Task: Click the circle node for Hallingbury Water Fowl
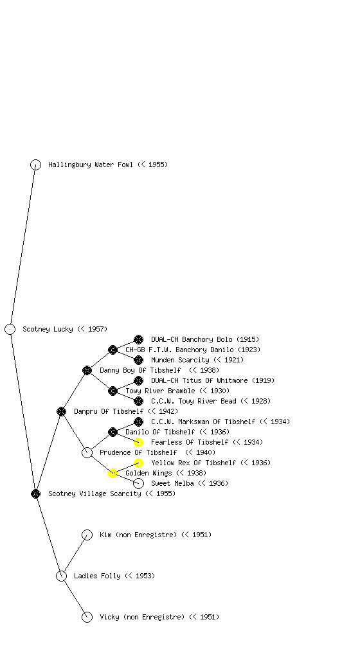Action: point(35,164)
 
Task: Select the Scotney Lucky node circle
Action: point(10,329)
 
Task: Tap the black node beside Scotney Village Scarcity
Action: point(35,493)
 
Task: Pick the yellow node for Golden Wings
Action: point(113,473)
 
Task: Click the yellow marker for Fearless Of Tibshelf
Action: point(138,442)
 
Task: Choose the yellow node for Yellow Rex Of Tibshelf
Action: point(138,463)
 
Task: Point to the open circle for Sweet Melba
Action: point(138,483)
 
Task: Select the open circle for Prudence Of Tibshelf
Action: point(87,452)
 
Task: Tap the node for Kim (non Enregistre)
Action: point(87,535)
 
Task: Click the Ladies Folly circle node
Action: point(61,576)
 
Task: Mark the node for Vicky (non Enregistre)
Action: point(87,617)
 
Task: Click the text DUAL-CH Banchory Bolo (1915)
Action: point(205,339)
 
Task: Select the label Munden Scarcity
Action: point(180,360)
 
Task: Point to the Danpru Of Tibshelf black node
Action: point(61,411)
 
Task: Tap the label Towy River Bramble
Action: point(160,391)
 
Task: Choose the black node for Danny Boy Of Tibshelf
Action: point(87,370)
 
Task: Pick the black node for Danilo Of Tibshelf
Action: point(113,432)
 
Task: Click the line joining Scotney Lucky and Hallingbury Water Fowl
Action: point(22,247)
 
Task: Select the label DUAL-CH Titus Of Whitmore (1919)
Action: point(213,380)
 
